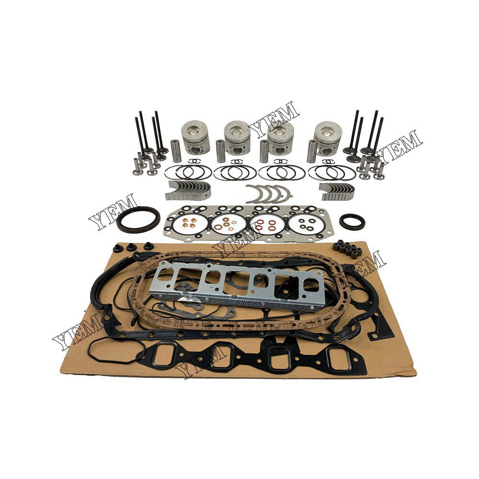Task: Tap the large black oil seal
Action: coord(139,219)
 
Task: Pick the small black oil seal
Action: coord(353,221)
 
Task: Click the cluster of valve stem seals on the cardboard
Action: coord(346,248)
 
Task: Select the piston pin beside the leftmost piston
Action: coord(175,149)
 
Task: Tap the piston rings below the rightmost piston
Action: coord(331,171)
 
